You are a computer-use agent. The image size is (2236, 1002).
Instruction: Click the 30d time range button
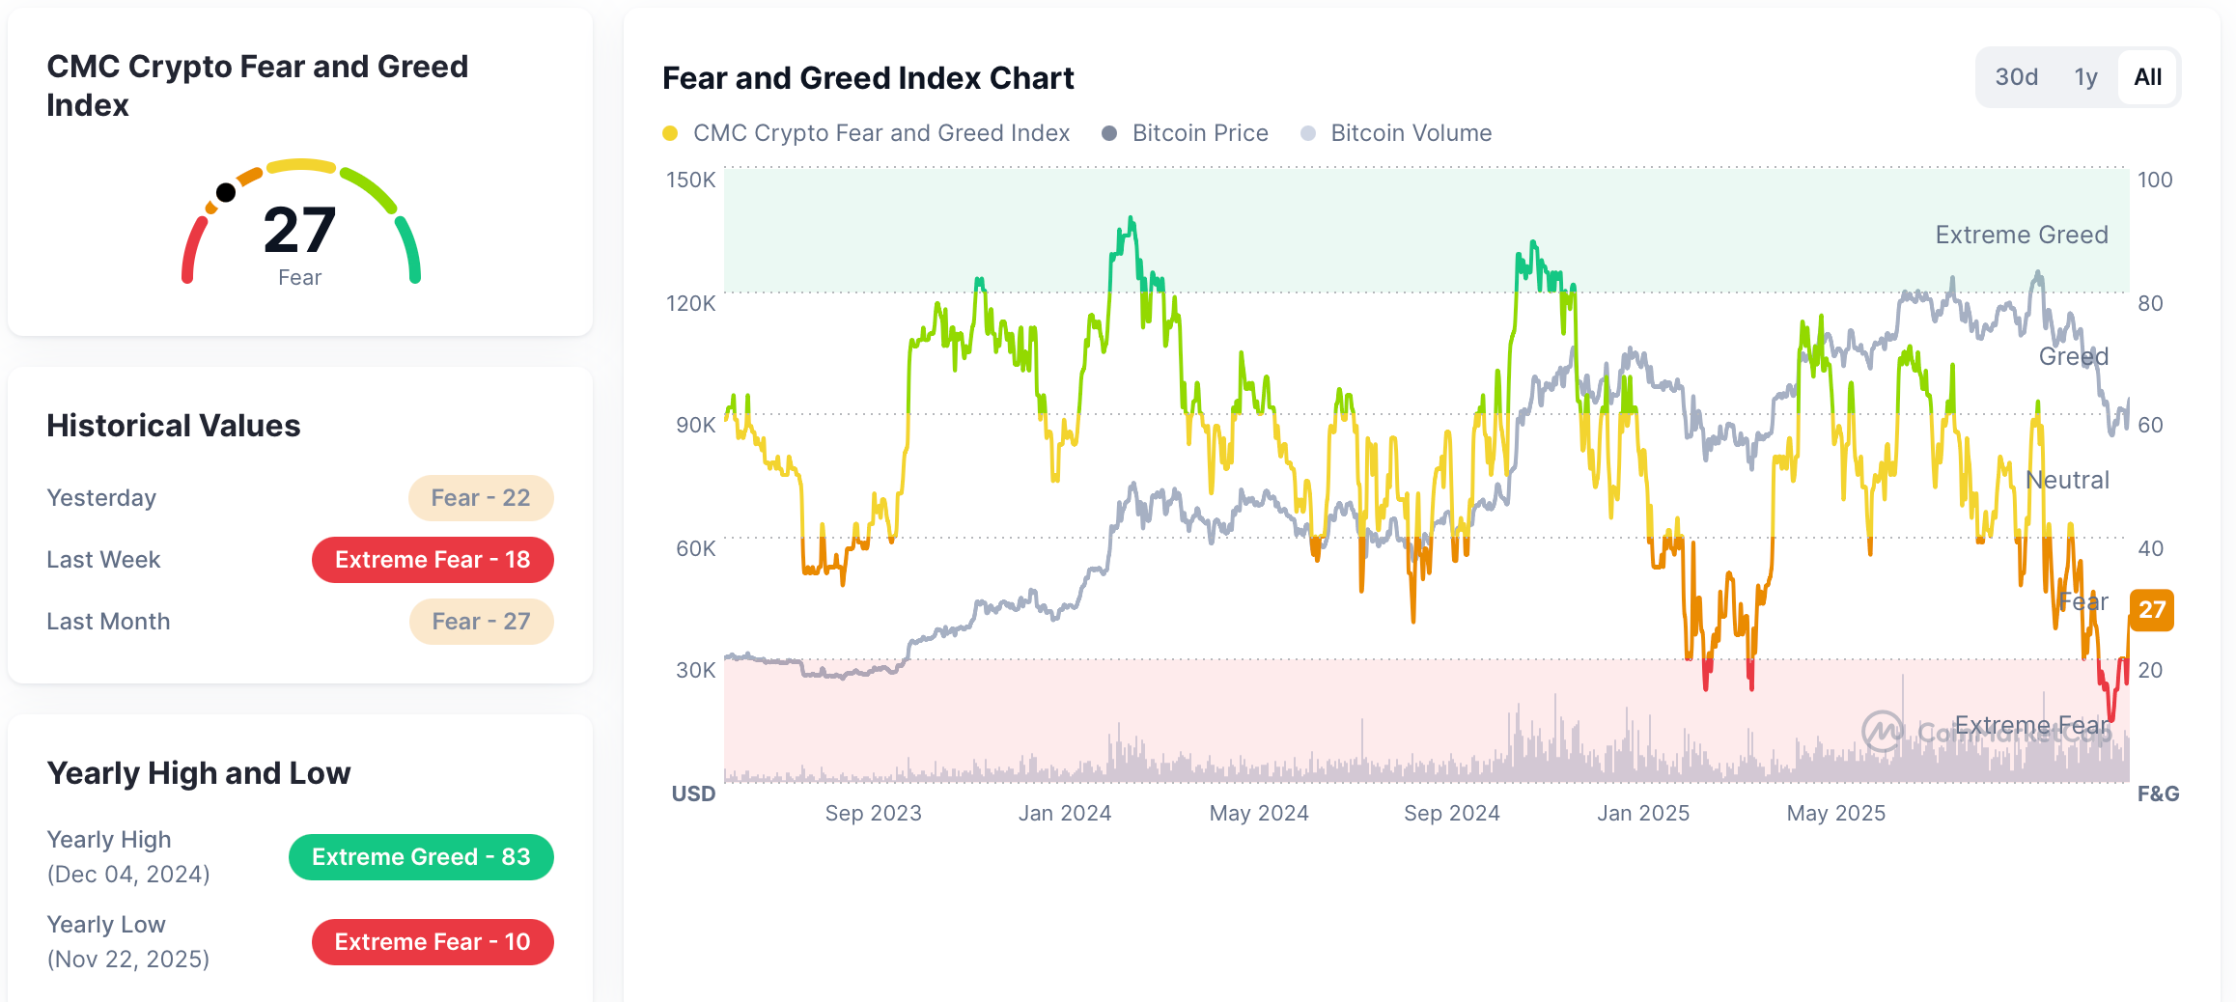pyautogui.click(x=2016, y=77)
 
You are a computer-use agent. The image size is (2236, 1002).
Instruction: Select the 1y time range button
pyautogui.click(x=2085, y=77)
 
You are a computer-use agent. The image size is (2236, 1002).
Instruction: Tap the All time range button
pyautogui.click(x=2147, y=77)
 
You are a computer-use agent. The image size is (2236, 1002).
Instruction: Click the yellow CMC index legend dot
pyautogui.click(x=670, y=133)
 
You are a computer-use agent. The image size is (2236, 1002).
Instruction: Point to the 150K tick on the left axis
pyautogui.click(x=690, y=180)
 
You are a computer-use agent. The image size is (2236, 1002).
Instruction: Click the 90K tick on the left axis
pyautogui.click(x=695, y=425)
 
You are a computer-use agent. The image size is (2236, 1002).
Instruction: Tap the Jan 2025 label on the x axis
pyautogui.click(x=1642, y=813)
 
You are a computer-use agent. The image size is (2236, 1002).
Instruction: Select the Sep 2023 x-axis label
pyautogui.click(x=873, y=813)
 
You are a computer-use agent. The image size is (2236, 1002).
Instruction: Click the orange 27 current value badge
pyautogui.click(x=2151, y=610)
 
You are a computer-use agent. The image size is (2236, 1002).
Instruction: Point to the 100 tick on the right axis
pyautogui.click(x=2154, y=180)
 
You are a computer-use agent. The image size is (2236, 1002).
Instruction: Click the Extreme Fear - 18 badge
pyautogui.click(x=433, y=560)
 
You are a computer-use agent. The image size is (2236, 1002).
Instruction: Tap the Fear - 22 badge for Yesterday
pyautogui.click(x=480, y=498)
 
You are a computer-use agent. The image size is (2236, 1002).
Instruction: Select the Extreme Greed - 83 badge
pyautogui.click(x=421, y=857)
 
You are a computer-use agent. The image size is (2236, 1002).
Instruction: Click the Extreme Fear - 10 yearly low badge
pyautogui.click(x=433, y=942)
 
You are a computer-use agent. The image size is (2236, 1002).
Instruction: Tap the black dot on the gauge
pyautogui.click(x=226, y=192)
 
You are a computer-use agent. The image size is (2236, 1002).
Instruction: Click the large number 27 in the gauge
pyautogui.click(x=299, y=230)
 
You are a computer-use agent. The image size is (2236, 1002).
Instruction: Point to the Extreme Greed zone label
pyautogui.click(x=2021, y=235)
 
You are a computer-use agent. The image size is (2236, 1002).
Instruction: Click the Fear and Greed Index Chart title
pyautogui.click(x=868, y=78)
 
